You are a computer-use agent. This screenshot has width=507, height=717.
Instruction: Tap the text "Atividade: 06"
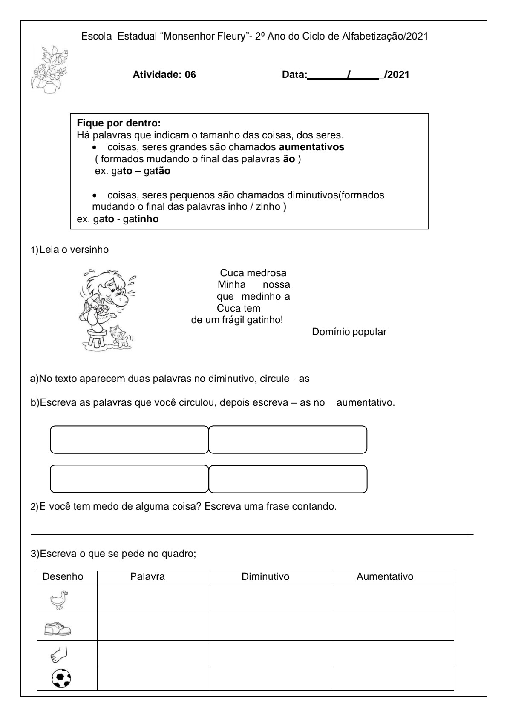click(164, 75)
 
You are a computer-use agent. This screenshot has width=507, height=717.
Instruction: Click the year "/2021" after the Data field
click(397, 75)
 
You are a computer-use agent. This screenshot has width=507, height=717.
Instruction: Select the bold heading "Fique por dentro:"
click(118, 123)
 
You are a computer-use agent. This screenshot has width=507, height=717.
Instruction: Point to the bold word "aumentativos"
click(311, 147)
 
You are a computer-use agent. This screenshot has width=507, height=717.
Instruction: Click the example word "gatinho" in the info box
click(141, 219)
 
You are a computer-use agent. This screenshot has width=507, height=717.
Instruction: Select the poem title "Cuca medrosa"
click(253, 273)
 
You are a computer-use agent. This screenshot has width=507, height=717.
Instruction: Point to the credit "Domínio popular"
click(349, 332)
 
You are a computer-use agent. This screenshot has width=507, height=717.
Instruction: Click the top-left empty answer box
click(129, 439)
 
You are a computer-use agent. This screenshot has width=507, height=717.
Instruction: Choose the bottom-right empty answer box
click(288, 479)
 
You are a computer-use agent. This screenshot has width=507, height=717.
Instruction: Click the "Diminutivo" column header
click(265, 577)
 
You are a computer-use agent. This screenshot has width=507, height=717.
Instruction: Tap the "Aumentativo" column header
click(385, 577)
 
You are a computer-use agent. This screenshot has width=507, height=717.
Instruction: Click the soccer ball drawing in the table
click(61, 678)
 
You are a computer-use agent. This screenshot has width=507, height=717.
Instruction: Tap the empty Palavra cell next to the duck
click(153, 597)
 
